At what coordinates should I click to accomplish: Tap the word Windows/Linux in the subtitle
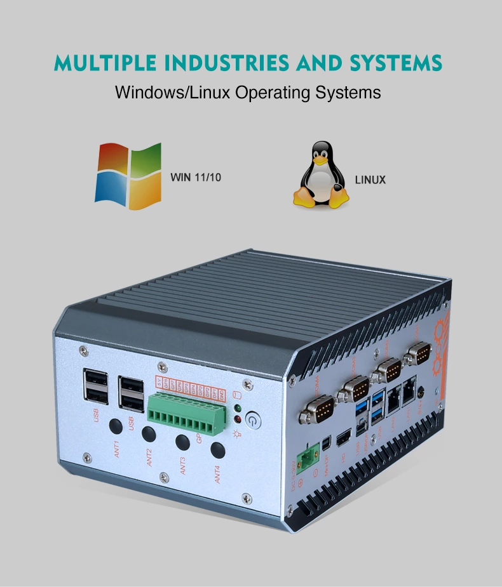point(173,93)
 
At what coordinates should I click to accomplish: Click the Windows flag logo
point(128,176)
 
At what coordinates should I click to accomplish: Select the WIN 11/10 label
point(196,177)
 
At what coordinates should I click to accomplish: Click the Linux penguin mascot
point(321,175)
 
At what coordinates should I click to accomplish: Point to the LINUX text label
point(370,180)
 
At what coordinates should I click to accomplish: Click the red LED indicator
point(238,419)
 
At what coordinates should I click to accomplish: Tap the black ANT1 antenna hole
point(116,425)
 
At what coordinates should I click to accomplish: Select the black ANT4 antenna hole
point(217,449)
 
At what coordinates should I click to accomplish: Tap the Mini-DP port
point(325,444)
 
